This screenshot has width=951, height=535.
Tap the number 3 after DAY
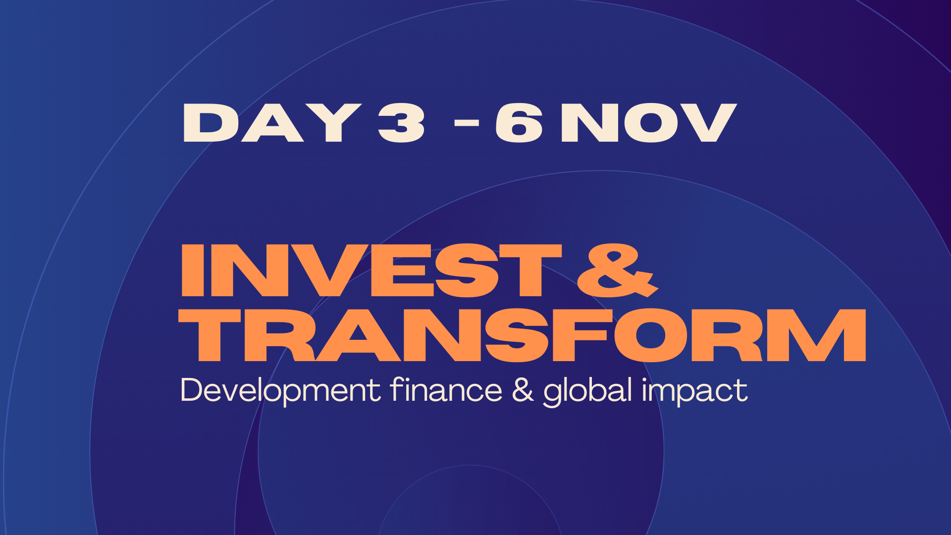(401, 123)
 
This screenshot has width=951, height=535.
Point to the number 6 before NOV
(519, 123)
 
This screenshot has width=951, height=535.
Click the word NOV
(649, 123)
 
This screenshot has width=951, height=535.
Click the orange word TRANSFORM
(523, 334)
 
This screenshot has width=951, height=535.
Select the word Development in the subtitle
(280, 390)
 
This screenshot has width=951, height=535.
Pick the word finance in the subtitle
(446, 389)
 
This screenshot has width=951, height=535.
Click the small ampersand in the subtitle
(523, 390)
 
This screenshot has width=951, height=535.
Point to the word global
(588, 391)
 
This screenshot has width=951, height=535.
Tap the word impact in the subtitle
(695, 391)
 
